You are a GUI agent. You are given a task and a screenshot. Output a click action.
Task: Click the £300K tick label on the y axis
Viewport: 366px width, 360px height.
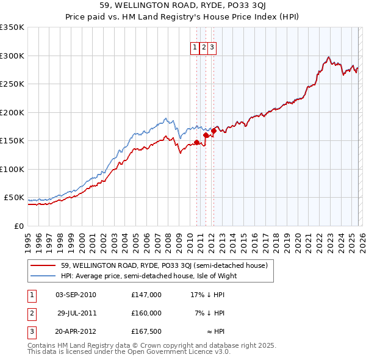(12, 56)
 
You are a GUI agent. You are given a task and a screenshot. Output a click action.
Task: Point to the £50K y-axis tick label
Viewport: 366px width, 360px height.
(14, 198)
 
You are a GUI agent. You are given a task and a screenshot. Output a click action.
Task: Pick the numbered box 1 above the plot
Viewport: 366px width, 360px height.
(195, 47)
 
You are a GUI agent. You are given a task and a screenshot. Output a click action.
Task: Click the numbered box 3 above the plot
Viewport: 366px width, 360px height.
(211, 47)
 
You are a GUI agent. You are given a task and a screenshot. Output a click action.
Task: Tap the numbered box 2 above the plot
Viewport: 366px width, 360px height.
(203, 47)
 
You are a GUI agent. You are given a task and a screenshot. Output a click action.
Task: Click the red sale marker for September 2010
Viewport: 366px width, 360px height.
(196, 142)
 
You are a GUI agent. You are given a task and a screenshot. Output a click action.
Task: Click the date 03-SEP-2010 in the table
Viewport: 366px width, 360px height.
(76, 295)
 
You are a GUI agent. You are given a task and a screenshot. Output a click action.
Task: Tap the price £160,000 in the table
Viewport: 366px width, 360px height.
(146, 313)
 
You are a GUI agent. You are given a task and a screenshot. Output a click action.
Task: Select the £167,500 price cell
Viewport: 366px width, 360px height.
(146, 331)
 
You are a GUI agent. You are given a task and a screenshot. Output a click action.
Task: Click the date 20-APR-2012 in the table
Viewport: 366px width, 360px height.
(76, 331)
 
